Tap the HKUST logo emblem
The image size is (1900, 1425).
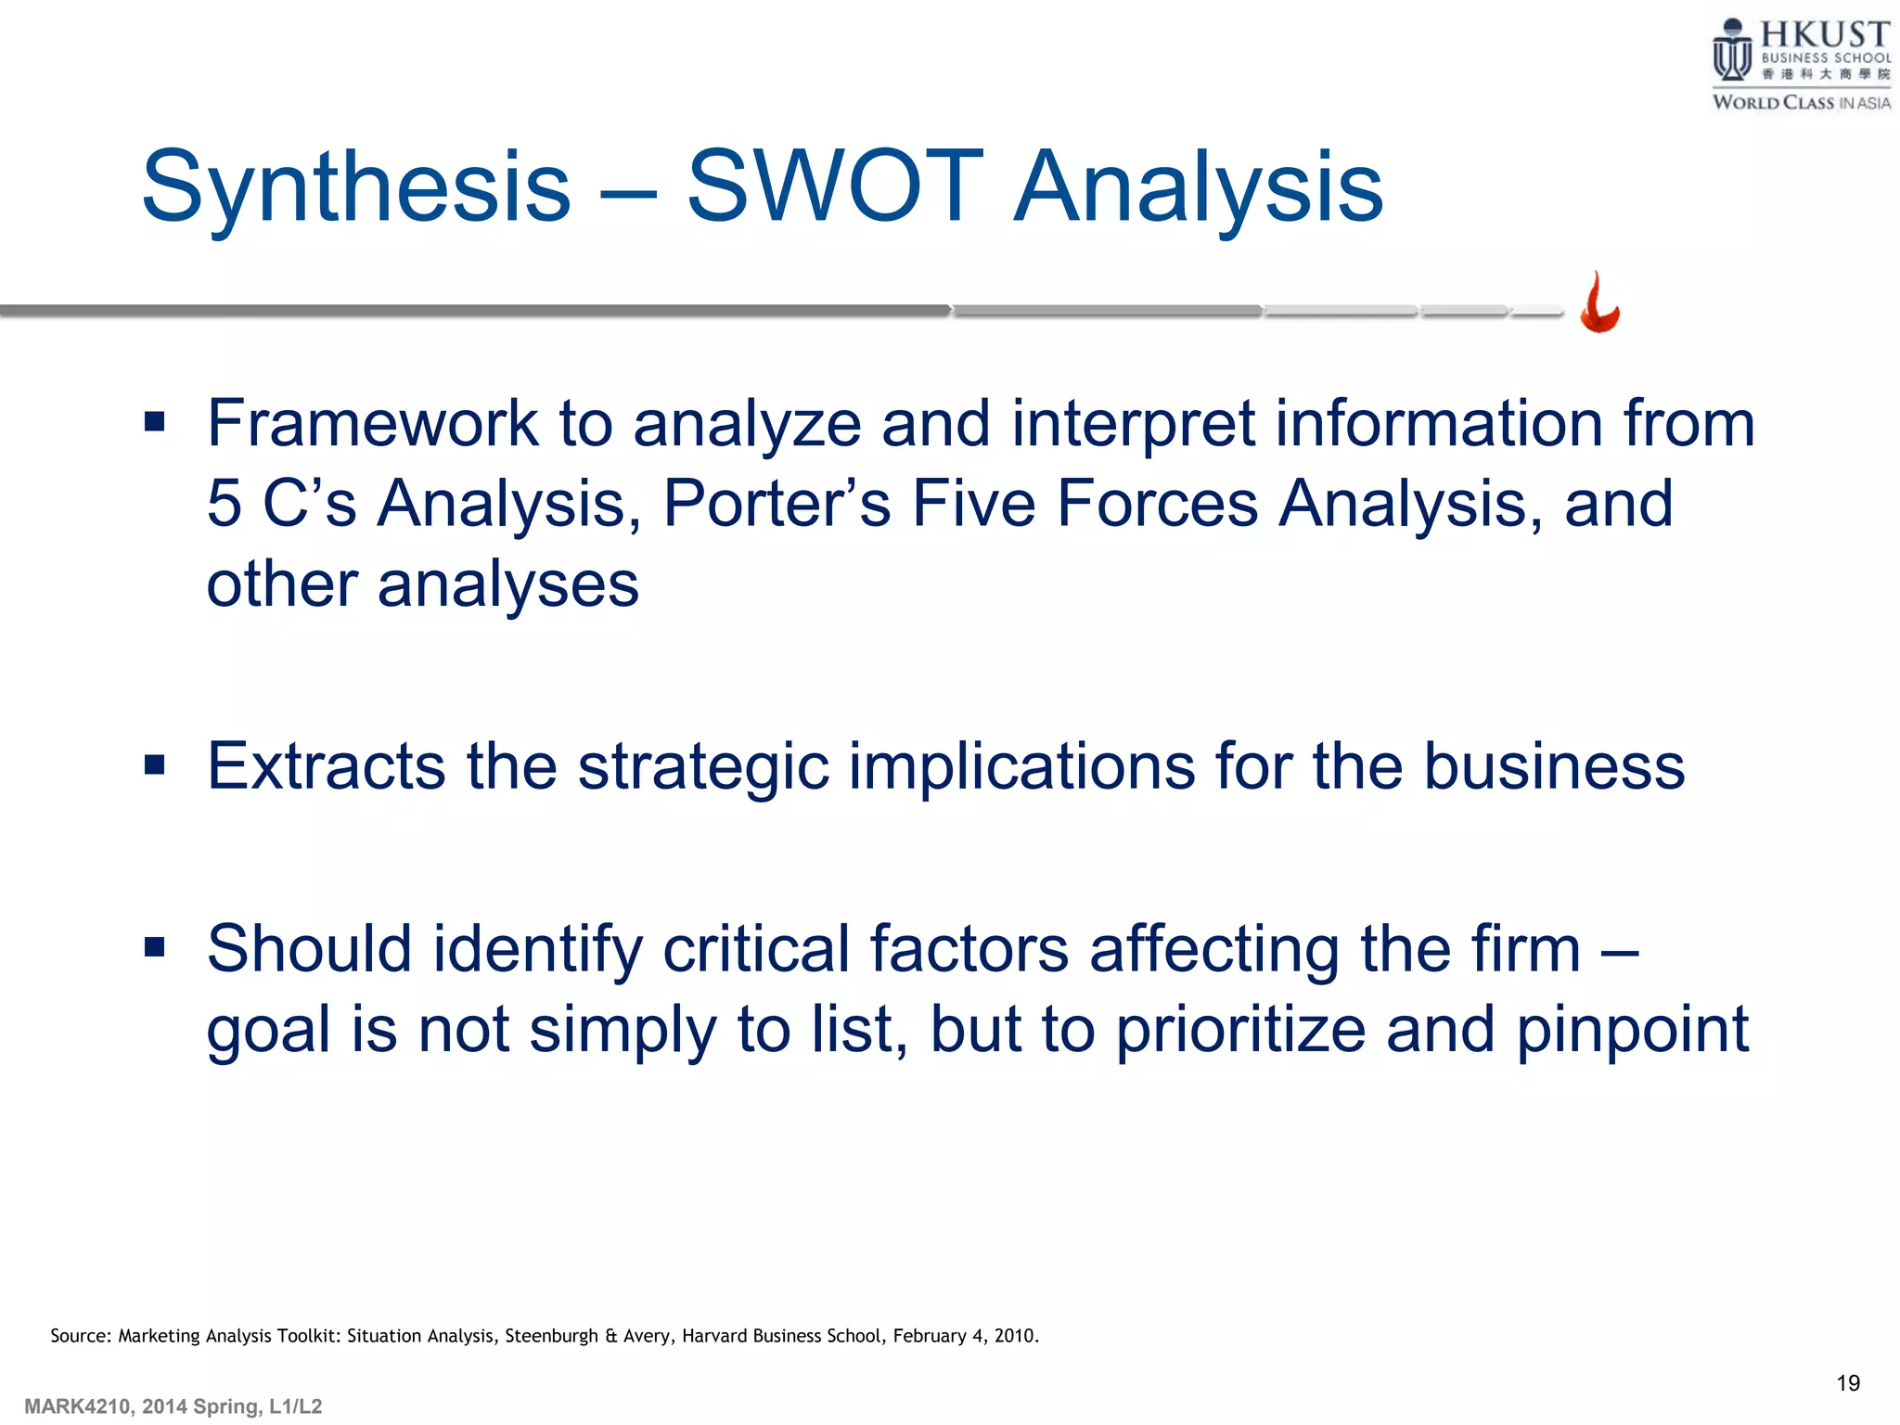point(1731,52)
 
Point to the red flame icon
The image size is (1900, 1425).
point(1599,303)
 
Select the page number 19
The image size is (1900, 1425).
point(1848,1383)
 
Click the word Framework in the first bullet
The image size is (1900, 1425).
point(372,424)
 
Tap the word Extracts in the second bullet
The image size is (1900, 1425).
point(326,767)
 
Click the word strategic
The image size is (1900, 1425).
point(703,767)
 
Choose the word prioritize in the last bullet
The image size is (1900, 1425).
point(1240,1030)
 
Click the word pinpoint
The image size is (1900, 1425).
point(1632,1030)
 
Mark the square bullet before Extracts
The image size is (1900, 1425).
point(155,765)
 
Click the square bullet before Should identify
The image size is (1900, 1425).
point(155,947)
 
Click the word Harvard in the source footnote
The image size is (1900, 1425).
point(714,1336)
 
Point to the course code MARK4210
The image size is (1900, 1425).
point(77,1406)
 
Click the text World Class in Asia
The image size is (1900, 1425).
point(1801,103)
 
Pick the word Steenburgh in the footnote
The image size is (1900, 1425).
point(551,1336)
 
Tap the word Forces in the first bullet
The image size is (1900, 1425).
point(1157,504)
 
